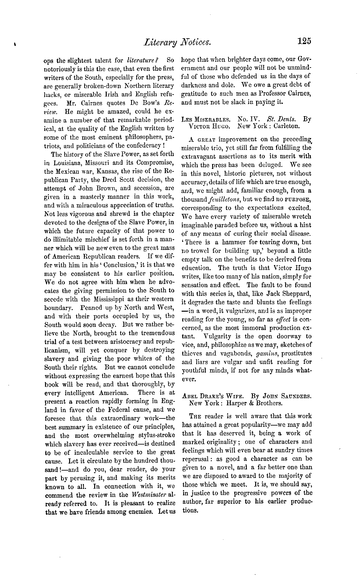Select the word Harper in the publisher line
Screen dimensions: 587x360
pyautogui.click(x=236, y=403)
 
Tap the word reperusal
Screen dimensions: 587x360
pyautogui.click(x=195, y=459)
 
